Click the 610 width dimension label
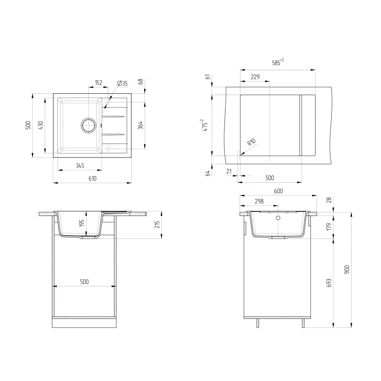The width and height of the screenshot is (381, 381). (x=92, y=178)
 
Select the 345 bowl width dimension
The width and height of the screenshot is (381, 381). (x=80, y=165)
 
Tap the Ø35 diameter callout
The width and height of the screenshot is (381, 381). (x=122, y=83)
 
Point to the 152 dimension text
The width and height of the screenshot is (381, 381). (x=98, y=83)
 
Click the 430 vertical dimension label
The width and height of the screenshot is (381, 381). (x=40, y=125)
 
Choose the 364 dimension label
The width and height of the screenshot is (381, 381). (x=140, y=125)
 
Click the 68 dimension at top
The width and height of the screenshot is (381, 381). (x=141, y=82)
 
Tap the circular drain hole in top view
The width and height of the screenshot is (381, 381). (x=88, y=125)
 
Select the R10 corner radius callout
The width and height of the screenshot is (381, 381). (x=252, y=142)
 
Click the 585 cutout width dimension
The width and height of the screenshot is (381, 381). (x=278, y=62)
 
